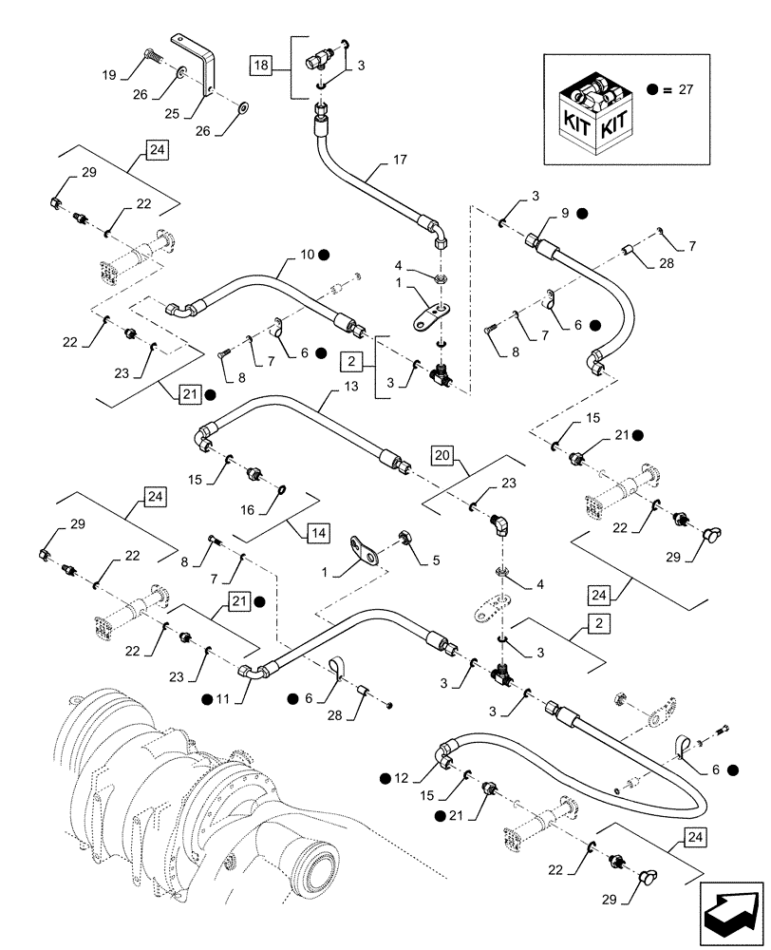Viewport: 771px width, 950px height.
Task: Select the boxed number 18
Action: [x=259, y=65]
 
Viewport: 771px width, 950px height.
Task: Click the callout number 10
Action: [x=308, y=255]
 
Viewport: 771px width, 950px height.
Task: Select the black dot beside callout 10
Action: [x=324, y=255]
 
